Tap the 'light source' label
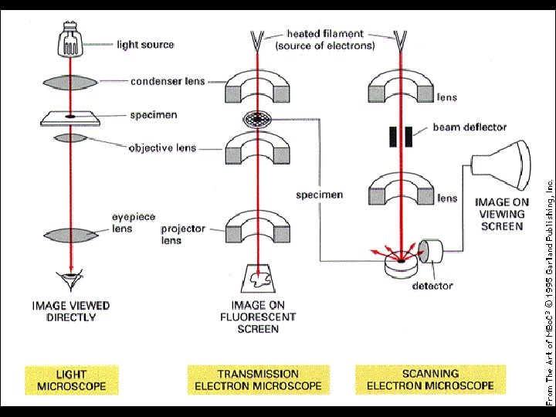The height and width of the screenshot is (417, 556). [145, 45]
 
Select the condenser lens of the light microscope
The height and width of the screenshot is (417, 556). [70, 82]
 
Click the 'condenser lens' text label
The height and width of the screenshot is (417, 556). [168, 81]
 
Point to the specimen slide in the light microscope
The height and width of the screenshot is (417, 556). [70, 117]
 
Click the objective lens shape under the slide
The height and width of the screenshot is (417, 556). [70, 138]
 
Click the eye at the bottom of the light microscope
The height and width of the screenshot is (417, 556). [70, 279]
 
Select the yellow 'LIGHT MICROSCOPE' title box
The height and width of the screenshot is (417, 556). [70, 379]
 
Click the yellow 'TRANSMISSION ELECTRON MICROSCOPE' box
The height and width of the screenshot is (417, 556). [258, 379]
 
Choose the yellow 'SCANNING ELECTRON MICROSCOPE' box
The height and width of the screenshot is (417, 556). [430, 379]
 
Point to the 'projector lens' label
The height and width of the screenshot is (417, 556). [182, 235]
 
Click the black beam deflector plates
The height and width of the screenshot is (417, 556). [400, 137]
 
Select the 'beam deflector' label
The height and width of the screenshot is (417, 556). [469, 127]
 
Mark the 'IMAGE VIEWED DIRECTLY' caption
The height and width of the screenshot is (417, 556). [71, 311]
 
